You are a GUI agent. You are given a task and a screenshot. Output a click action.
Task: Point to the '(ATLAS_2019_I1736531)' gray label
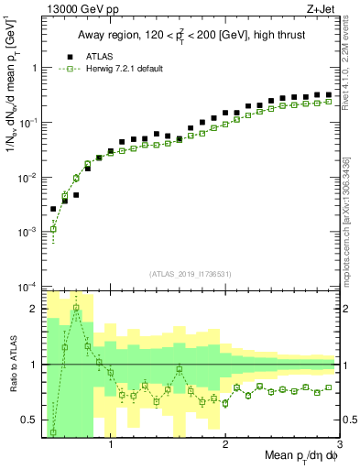tap(190, 274)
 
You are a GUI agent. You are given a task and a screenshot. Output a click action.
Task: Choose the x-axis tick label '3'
tap(340, 446)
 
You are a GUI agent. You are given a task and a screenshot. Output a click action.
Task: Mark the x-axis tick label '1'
tap(111, 446)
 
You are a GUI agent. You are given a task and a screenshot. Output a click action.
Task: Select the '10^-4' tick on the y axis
tap(27, 288)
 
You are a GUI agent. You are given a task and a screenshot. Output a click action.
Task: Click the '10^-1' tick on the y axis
tap(27, 122)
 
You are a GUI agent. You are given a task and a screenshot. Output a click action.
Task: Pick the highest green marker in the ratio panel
tap(76, 308)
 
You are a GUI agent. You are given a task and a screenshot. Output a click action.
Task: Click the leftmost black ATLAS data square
tap(53, 209)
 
